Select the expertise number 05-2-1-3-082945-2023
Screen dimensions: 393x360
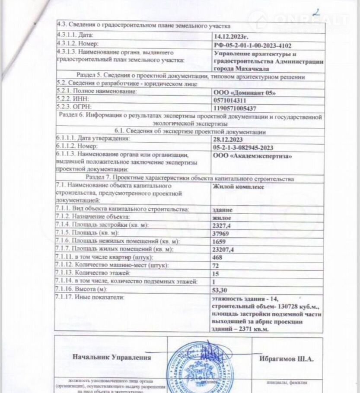248,147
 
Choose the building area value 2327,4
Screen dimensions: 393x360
223,225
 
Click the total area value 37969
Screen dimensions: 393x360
222,234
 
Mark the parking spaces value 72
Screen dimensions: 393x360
217,265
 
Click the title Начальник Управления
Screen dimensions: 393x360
112,358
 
